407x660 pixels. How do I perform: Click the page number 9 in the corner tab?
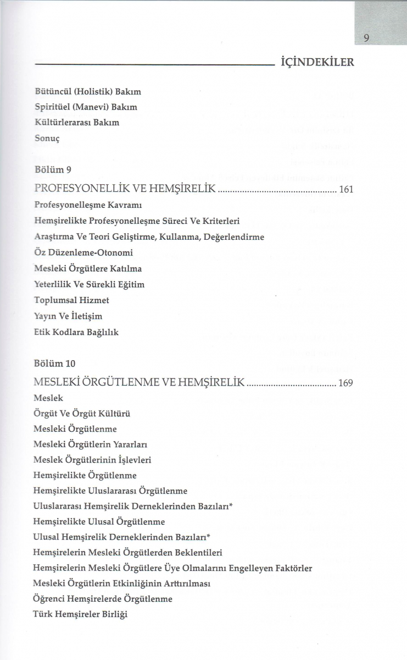tap(366, 38)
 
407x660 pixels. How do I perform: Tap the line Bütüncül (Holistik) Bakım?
tap(88, 91)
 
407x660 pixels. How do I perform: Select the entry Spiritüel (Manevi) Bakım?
tap(86, 107)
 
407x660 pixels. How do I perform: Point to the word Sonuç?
tap(46, 138)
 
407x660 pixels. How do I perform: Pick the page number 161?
tap(346, 190)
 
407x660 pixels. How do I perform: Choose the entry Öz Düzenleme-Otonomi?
tap(83, 252)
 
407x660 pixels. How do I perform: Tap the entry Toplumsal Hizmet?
tap(71, 300)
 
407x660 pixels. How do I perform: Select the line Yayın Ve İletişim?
tap(68, 316)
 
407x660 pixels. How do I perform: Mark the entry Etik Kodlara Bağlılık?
tap(76, 332)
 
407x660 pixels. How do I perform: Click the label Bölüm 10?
tap(55, 364)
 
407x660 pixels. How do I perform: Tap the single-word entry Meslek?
tap(48, 397)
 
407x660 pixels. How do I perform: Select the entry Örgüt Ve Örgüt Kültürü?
tap(82, 413)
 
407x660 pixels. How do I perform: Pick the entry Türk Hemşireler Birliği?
tap(80, 614)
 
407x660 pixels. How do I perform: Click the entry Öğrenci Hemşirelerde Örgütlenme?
tap(103, 598)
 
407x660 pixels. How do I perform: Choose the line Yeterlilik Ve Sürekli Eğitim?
tap(89, 284)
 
